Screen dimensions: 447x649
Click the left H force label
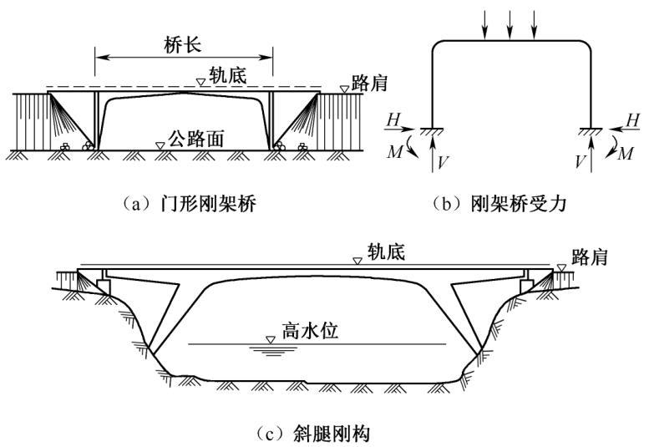point(393,120)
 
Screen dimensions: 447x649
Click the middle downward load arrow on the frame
point(509,24)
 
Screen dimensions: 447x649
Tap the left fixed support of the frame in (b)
point(432,128)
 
